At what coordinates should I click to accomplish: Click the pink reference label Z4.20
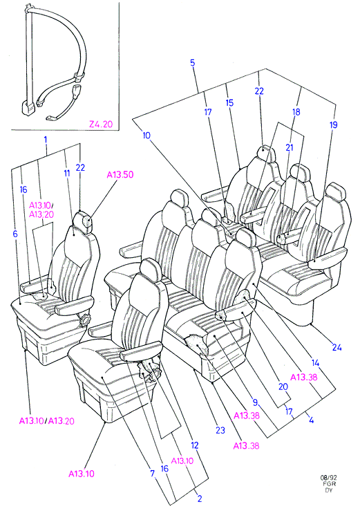tap(101, 124)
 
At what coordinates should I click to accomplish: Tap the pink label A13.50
tap(120, 175)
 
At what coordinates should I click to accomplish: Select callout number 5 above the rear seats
tap(193, 62)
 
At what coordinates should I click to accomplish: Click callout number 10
tap(146, 136)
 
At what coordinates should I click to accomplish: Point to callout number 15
tap(229, 103)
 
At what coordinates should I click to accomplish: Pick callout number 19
tap(333, 125)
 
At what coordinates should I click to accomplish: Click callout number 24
tap(337, 347)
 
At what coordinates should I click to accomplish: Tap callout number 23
tap(220, 430)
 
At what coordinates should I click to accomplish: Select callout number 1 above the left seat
tap(46, 140)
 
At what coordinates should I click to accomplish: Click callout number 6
tap(15, 234)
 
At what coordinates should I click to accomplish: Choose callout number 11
tap(67, 173)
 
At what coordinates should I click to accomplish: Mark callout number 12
tap(194, 445)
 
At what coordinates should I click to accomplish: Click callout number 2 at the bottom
tap(200, 499)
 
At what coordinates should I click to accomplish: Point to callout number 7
tap(152, 473)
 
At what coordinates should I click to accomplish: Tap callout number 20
tap(283, 387)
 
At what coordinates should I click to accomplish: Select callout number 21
tap(290, 147)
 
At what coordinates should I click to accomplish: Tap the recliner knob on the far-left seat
tap(85, 320)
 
